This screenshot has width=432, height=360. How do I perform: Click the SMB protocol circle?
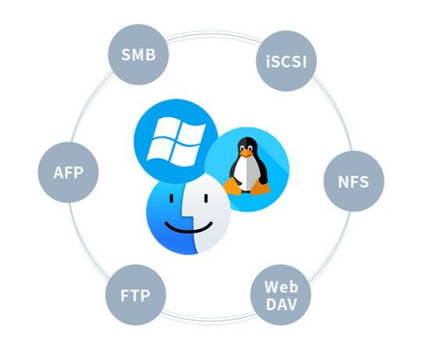[x=138, y=55]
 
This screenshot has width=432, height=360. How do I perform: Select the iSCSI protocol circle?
[x=286, y=61]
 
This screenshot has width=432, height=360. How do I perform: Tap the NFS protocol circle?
[x=354, y=181]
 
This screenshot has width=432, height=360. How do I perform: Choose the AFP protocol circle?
[x=68, y=173]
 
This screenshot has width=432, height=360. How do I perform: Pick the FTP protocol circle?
[x=136, y=294]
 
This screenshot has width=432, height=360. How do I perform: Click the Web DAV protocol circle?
[x=280, y=294]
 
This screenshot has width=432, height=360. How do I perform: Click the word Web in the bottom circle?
[x=281, y=287]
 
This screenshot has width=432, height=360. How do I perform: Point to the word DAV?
[x=281, y=305]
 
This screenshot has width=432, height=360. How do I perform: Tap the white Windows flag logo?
[x=176, y=142]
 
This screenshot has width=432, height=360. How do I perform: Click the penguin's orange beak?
[x=245, y=152]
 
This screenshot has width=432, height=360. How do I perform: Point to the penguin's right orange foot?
[x=261, y=187]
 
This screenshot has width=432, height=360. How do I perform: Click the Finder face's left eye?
[x=171, y=198]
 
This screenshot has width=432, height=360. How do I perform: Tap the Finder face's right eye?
[x=206, y=198]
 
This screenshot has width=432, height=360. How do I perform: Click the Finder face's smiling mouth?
[x=189, y=227]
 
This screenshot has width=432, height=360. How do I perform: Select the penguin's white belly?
[x=246, y=173]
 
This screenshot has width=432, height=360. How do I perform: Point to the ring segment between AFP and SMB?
[x=90, y=104]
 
